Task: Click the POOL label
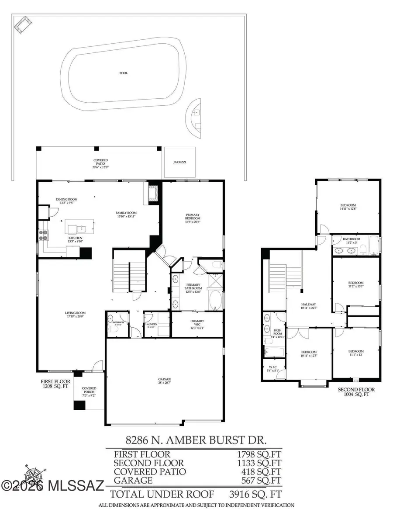pos(124,73)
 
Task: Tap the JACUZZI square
pos(179,162)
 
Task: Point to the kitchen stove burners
pos(44,235)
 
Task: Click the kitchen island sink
pos(80,229)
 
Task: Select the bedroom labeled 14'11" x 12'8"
pos(348,207)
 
